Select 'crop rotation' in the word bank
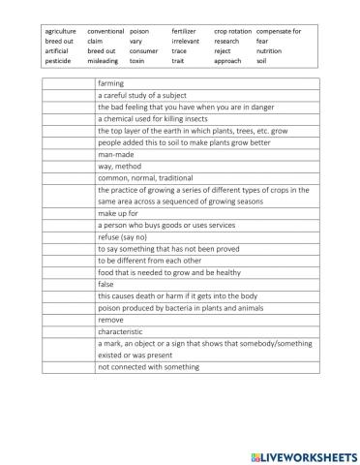coord(232,32)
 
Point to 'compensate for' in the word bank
coord(279,32)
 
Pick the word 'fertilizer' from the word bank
coord(184,32)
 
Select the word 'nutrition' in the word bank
coord(269,51)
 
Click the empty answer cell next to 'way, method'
coord(69,166)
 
